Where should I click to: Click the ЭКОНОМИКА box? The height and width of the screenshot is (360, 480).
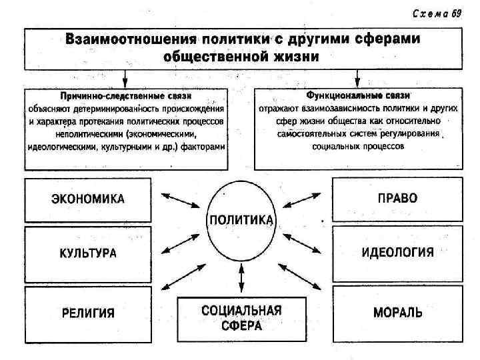[89, 199]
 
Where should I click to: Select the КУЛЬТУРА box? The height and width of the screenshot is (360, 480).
[89, 254]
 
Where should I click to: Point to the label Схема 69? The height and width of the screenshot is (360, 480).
[437, 15]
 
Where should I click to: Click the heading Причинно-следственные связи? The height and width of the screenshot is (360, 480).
[126, 96]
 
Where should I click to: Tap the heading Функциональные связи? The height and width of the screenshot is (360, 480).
[357, 96]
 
